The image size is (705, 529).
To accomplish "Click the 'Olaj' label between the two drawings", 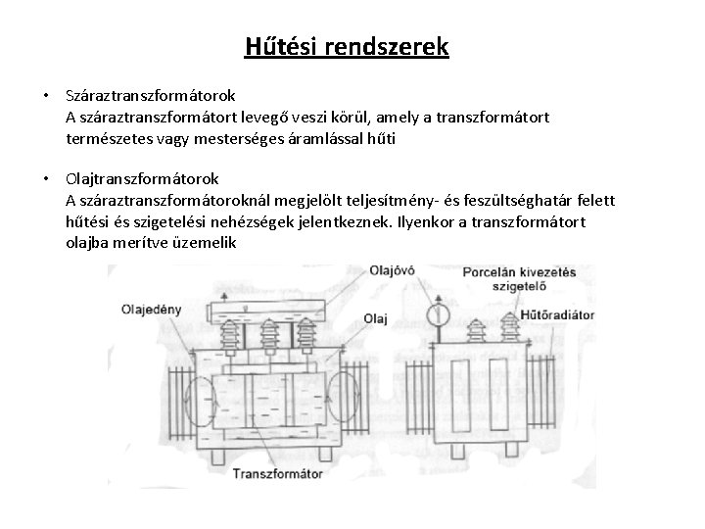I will (x=376, y=317).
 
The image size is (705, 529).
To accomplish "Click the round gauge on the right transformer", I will (x=438, y=314).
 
